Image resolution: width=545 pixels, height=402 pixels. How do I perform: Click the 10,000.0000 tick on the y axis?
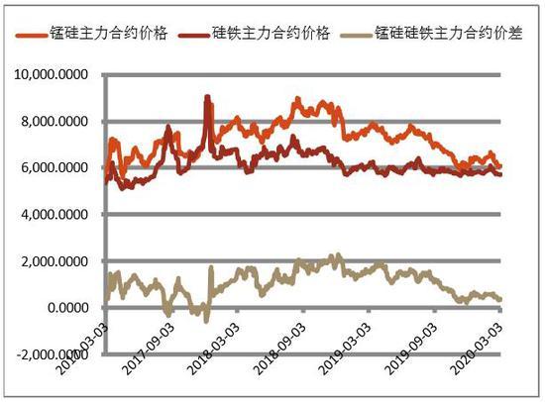(x=57, y=75)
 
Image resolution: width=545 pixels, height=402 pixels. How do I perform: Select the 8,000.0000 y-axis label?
(x=60, y=122)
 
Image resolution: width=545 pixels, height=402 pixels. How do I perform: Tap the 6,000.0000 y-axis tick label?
(x=60, y=168)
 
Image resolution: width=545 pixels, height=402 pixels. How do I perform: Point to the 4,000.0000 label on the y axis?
(x=60, y=215)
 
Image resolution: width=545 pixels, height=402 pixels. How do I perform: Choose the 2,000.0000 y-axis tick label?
(x=60, y=261)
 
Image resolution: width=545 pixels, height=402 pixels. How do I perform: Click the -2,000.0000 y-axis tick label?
(x=58, y=354)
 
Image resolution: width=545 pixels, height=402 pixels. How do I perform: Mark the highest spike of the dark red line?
(x=206, y=96)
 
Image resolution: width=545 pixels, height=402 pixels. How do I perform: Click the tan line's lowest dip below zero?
(x=206, y=321)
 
